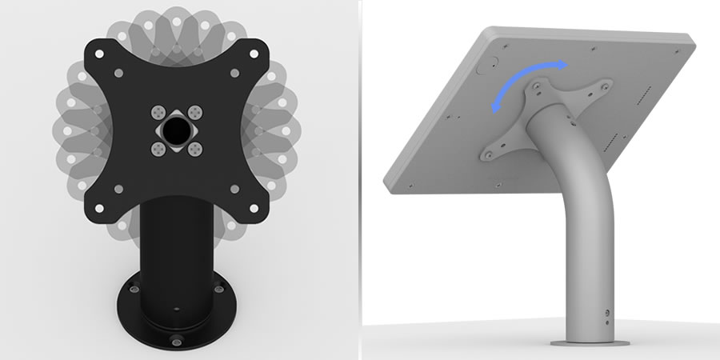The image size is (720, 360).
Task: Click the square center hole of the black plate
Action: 175,129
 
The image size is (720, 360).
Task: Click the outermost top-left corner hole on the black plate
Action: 98,53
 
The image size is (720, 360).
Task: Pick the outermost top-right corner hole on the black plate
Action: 253,53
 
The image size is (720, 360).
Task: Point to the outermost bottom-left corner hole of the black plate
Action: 98,206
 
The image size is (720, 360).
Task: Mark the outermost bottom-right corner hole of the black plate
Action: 253,206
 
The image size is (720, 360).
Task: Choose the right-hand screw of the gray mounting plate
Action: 609,86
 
